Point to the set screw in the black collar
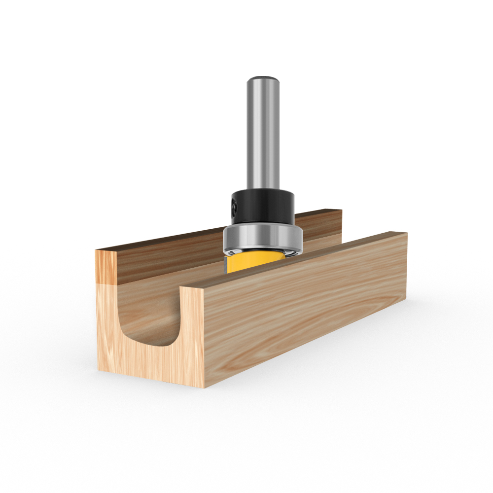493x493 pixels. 233,209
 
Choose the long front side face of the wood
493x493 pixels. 306,316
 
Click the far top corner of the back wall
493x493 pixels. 341,211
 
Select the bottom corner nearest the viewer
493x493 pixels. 204,387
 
